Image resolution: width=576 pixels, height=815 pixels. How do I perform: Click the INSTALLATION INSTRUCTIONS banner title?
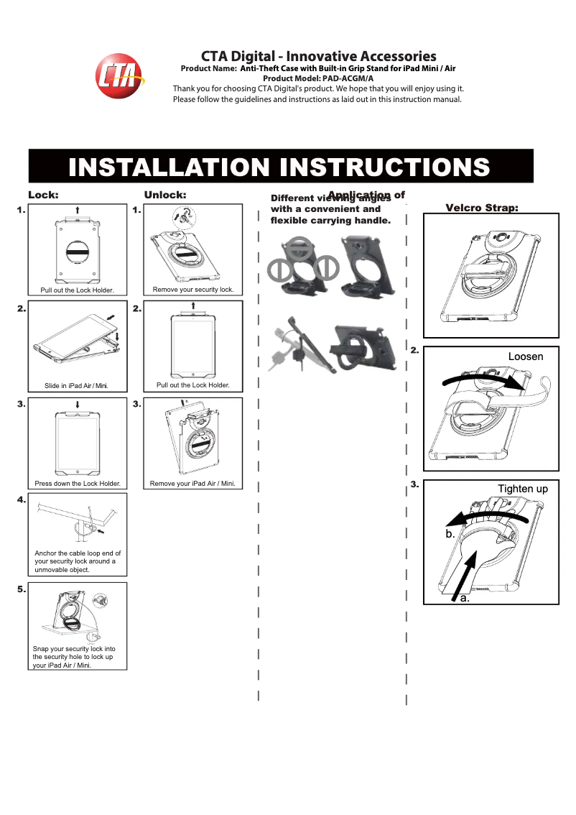pyautogui.click(x=279, y=167)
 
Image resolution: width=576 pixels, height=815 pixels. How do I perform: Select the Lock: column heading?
pyautogui.click(x=43, y=195)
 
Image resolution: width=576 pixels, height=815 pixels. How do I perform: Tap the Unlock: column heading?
pyautogui.click(x=165, y=195)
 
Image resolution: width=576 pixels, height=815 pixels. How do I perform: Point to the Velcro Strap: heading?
pyautogui.click(x=482, y=208)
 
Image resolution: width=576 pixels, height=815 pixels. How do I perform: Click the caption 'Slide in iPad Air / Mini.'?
pyautogui.click(x=76, y=386)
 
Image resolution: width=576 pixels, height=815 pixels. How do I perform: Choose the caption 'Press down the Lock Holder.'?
pyautogui.click(x=78, y=484)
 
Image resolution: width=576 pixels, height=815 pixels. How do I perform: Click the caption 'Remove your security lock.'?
pyautogui.click(x=193, y=290)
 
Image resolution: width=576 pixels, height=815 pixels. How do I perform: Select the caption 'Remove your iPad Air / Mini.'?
pyautogui.click(x=192, y=484)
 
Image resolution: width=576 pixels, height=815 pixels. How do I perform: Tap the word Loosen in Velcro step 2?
pyautogui.click(x=526, y=356)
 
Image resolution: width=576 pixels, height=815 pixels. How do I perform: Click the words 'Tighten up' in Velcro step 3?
pyautogui.click(x=523, y=489)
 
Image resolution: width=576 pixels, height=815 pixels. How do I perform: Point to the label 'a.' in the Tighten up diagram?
pyautogui.click(x=465, y=598)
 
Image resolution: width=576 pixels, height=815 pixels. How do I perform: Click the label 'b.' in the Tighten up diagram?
pyautogui.click(x=450, y=534)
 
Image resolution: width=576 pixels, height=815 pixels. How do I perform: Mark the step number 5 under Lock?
pyautogui.click(x=21, y=589)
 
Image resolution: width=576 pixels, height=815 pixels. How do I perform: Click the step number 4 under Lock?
pyautogui.click(x=21, y=499)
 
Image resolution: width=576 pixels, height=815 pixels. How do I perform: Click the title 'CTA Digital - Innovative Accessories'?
pyautogui.click(x=318, y=56)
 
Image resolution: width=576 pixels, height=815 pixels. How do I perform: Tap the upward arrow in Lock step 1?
pyautogui.click(x=77, y=210)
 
